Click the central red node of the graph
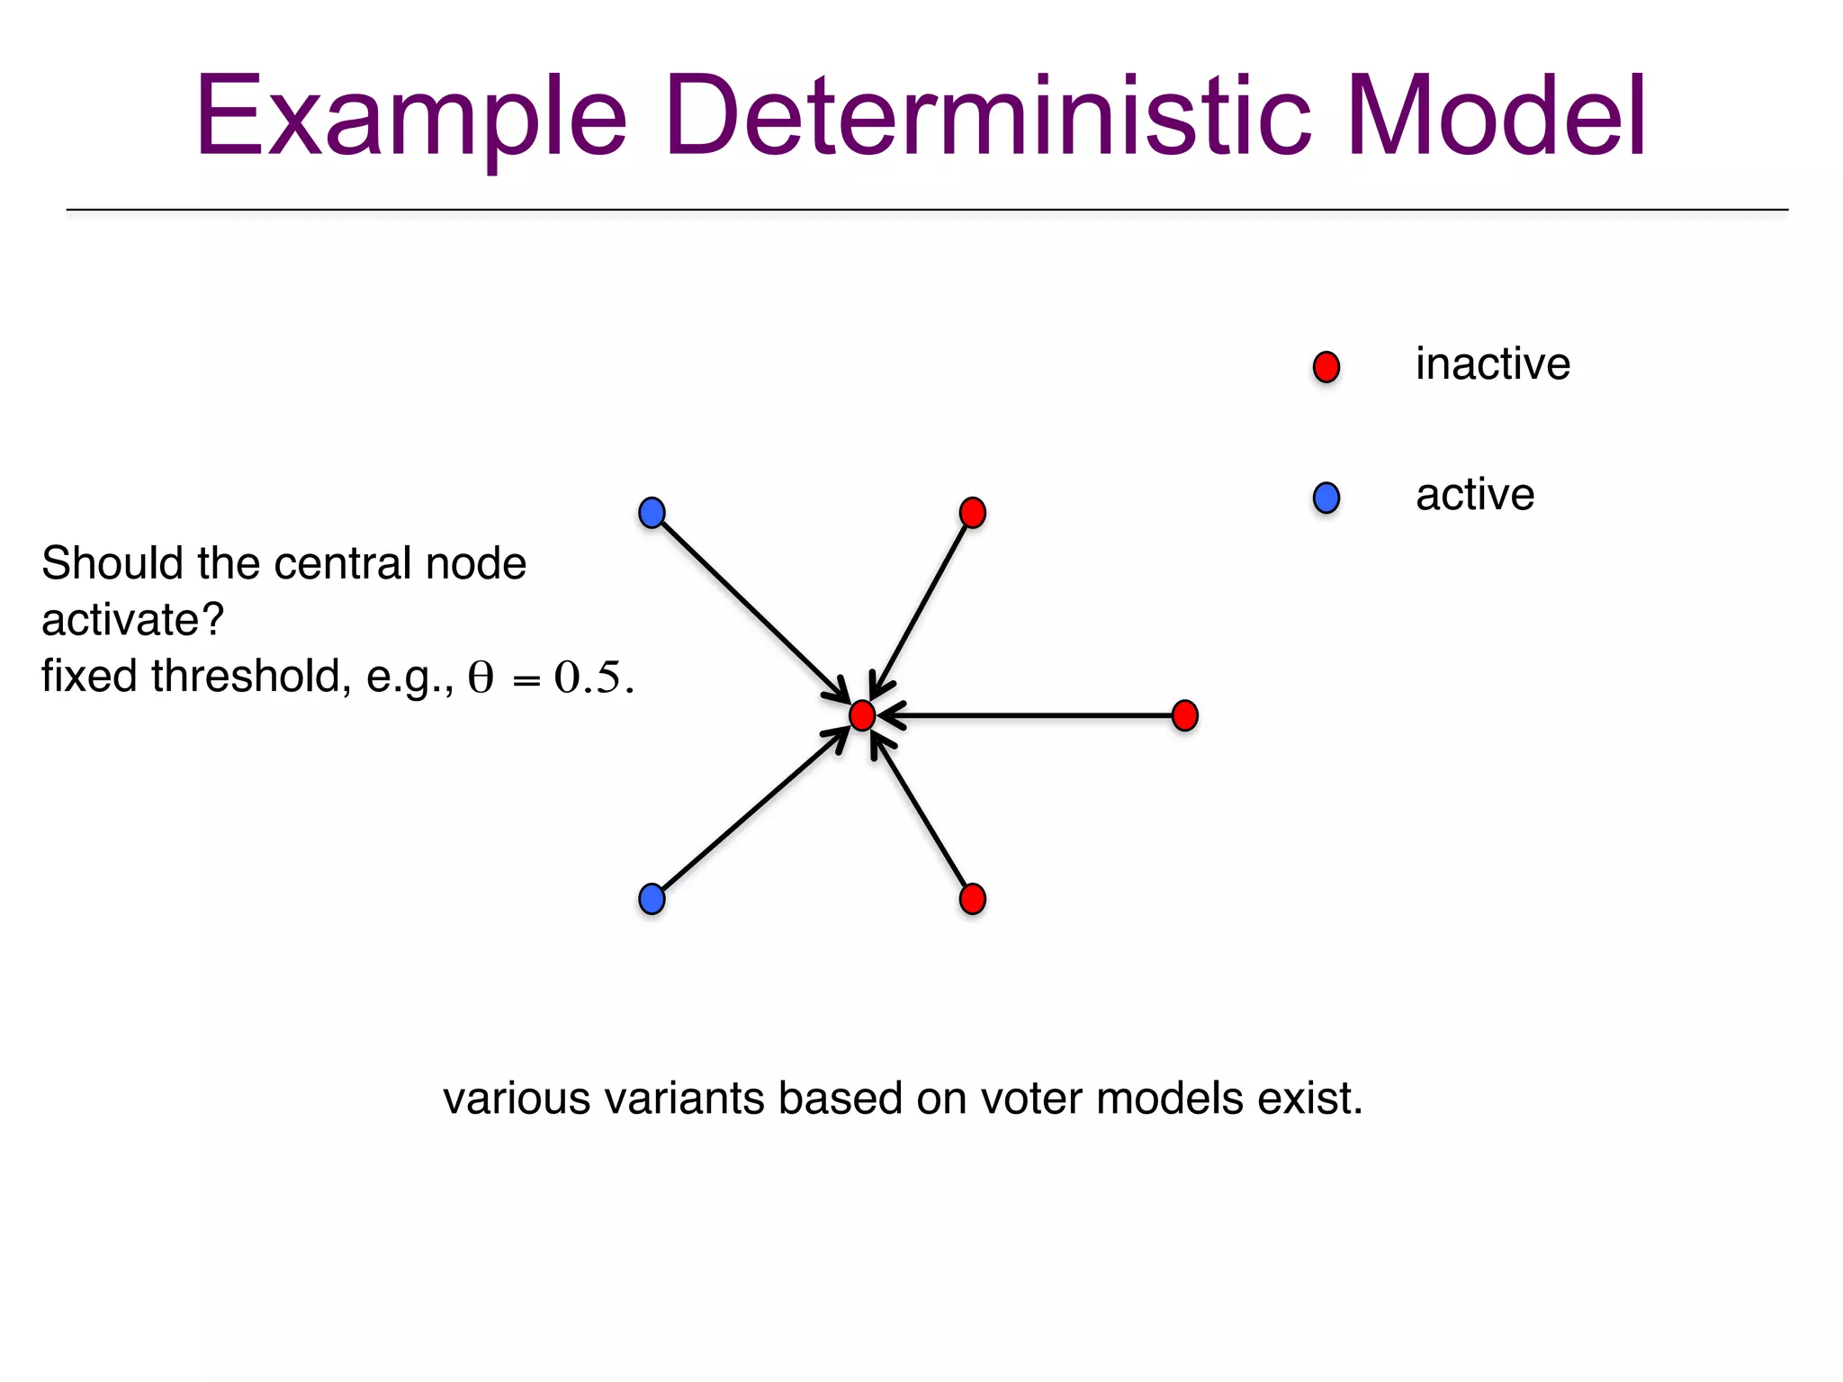point(862,716)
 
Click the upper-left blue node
point(652,513)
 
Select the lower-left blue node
point(652,899)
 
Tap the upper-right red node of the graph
point(973,513)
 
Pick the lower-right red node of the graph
point(973,899)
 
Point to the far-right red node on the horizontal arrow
point(1185,716)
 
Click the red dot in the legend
point(1326,367)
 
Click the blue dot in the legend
point(1326,498)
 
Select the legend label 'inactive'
point(1492,364)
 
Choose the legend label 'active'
point(1474,495)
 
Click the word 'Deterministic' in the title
point(987,117)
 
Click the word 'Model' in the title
point(1496,117)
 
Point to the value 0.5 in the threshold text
point(588,678)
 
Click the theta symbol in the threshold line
point(481,678)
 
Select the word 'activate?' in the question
point(132,620)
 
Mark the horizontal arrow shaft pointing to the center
point(1035,716)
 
